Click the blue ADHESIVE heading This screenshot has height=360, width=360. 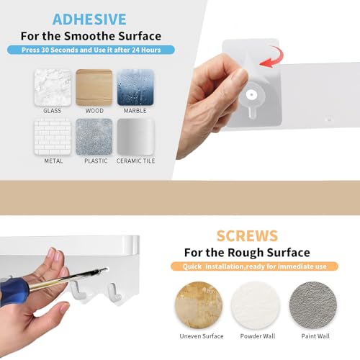pyautogui.click(x=89, y=19)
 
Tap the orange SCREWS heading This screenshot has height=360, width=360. pyautogui.click(x=246, y=235)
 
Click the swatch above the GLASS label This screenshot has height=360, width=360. pyautogui.click(x=53, y=87)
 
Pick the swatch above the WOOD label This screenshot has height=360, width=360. pyautogui.click(x=94, y=87)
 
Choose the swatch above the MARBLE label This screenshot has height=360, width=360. pyautogui.click(x=135, y=87)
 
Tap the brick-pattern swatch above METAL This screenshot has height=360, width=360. pyautogui.click(x=53, y=136)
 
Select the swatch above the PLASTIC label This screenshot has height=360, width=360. pyautogui.click(x=94, y=136)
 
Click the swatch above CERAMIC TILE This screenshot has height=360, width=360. pyautogui.click(x=135, y=136)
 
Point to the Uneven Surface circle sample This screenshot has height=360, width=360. pyautogui.click(x=201, y=303)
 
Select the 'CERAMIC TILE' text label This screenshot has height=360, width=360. pyautogui.click(x=135, y=161)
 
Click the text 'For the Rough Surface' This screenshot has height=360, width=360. pyautogui.click(x=246, y=252)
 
